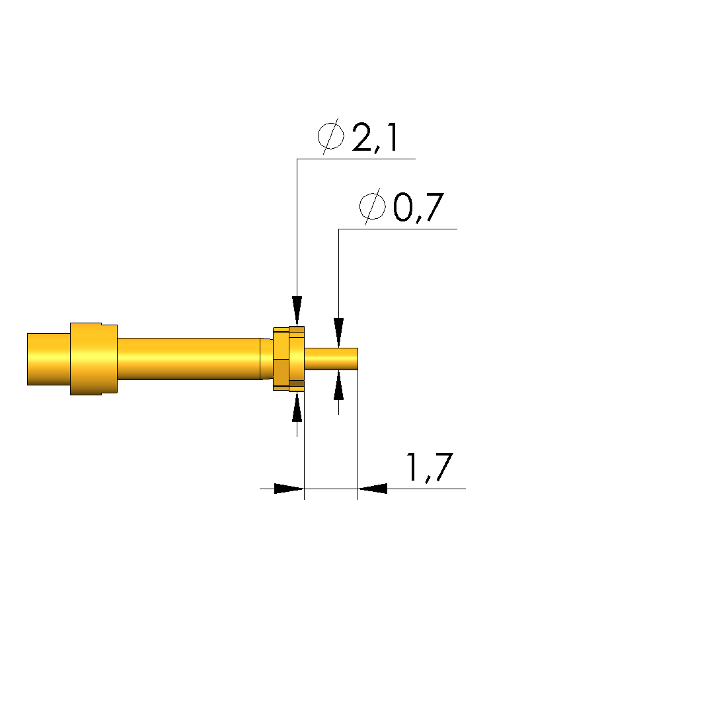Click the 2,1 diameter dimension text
pyautogui.click(x=375, y=138)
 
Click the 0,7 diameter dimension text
pyautogui.click(x=418, y=208)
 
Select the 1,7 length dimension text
pyautogui.click(x=429, y=467)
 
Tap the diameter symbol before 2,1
pyautogui.click(x=331, y=136)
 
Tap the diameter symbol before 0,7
pyautogui.click(x=372, y=207)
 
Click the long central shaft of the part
pyautogui.click(x=189, y=358)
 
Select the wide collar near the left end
pyautogui.click(x=94, y=358)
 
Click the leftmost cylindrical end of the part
pyautogui.click(x=48, y=359)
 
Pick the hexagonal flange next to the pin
pyautogui.click(x=289, y=359)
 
